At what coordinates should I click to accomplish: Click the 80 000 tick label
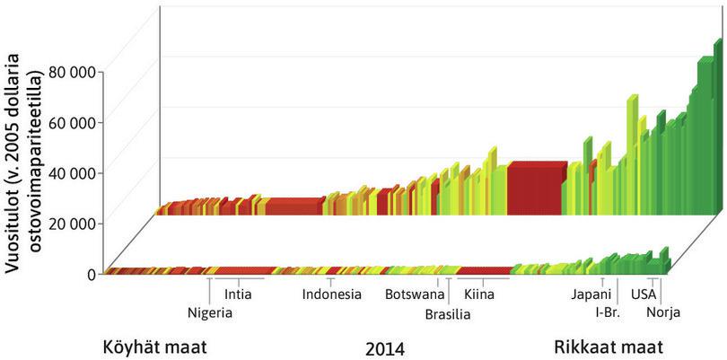[71, 70]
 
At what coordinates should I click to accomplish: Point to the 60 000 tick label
[71, 121]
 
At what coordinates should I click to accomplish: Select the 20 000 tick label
[71, 223]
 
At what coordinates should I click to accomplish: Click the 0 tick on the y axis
[91, 274]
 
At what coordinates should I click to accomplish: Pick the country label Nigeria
[210, 312]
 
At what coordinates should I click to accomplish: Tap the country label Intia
[238, 294]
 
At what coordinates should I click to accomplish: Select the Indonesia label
[331, 294]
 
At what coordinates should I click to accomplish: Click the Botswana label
[415, 294]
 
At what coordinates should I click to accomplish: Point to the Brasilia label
[447, 314]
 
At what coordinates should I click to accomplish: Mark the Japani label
[591, 294]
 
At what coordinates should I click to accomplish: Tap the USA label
[644, 294]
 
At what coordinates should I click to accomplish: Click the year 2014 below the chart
[385, 347]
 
